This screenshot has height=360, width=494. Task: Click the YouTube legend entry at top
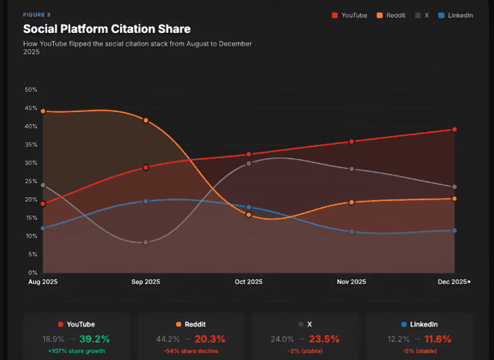coord(349,16)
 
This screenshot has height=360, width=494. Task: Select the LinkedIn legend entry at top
coord(455,16)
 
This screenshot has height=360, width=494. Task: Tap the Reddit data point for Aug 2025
coord(43,111)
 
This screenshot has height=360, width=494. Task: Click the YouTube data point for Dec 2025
coord(454,129)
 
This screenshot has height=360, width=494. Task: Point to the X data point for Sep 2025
coord(146,243)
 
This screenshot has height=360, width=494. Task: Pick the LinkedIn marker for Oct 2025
coord(248,207)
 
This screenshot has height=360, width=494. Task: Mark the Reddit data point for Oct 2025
coord(248,214)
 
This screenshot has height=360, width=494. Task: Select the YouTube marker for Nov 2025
coord(351,142)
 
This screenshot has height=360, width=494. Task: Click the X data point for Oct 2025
coord(248,164)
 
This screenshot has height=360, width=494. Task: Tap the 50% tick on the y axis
coord(31,90)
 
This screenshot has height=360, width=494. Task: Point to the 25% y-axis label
coord(31,181)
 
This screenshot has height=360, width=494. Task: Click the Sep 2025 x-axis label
coord(146,282)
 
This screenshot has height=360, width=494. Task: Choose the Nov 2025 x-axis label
coord(351,282)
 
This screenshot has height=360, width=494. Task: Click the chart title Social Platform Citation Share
coord(107,29)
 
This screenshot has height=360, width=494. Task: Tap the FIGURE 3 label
coord(37,15)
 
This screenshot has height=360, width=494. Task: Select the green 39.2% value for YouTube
coord(95,339)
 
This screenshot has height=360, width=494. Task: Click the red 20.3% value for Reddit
coord(210,339)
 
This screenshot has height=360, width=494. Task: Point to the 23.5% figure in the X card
coord(324,339)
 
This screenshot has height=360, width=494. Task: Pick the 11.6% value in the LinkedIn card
coord(437,339)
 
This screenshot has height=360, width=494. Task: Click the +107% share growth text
coord(77,351)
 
